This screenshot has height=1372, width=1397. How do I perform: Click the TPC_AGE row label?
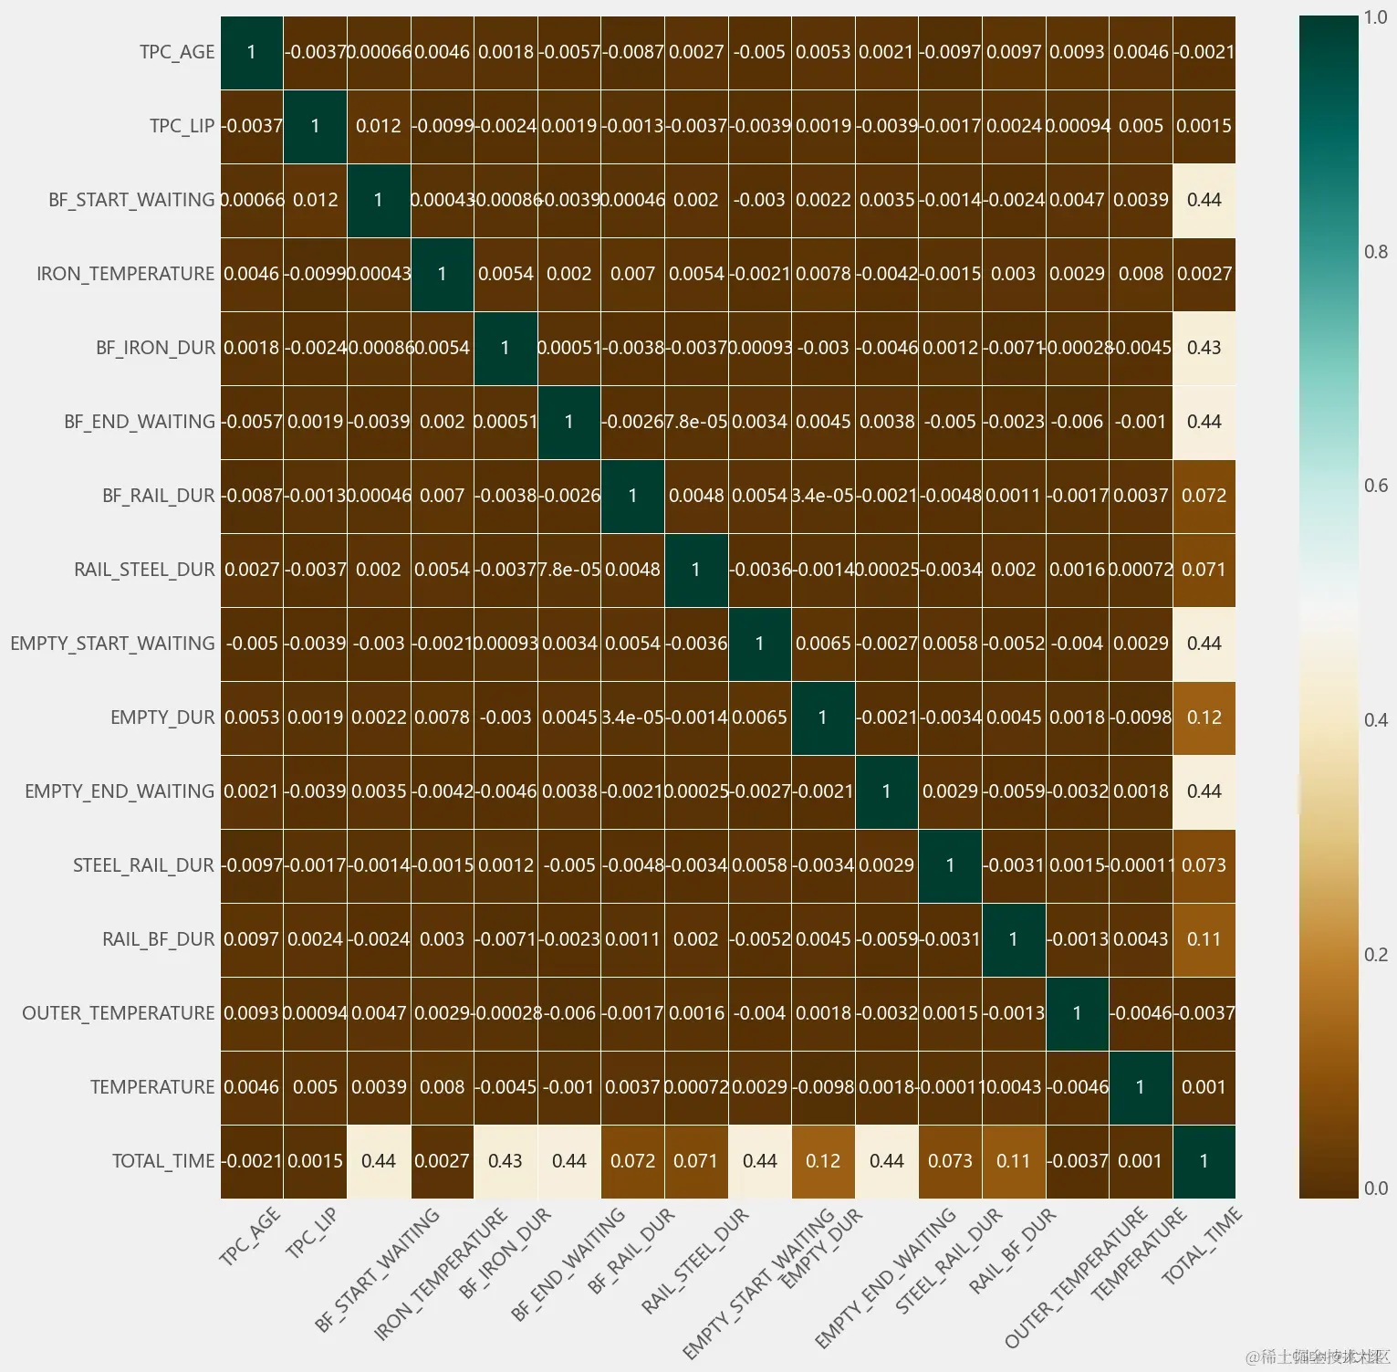pos(177,52)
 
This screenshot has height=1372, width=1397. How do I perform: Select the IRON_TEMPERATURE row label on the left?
pos(126,274)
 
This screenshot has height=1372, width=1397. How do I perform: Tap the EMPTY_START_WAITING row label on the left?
pos(113,644)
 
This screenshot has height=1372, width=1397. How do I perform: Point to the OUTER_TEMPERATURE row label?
pos(119,1013)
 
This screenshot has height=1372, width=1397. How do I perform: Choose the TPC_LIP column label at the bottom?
pos(311,1233)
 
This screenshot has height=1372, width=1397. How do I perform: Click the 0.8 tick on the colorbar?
pos(1375,252)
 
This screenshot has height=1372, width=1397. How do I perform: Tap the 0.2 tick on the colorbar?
pos(1375,955)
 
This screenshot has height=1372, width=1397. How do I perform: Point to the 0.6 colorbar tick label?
pos(1375,486)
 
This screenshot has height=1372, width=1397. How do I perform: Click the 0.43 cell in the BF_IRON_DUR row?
pos(1204,348)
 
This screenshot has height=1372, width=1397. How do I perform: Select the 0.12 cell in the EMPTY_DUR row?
pos(1204,717)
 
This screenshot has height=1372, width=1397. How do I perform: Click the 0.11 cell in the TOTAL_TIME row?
pos(1013,1161)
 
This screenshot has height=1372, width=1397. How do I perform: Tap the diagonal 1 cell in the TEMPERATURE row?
pos(1140,1087)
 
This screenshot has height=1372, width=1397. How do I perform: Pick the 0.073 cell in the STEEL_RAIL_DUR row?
pos(1204,865)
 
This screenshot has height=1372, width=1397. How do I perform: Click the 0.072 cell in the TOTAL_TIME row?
pos(632,1161)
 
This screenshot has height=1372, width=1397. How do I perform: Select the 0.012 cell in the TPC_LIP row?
pos(379,126)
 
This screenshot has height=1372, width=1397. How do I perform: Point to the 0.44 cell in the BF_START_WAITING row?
pos(1204,200)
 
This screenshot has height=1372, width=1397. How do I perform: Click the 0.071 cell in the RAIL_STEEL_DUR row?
pos(1204,570)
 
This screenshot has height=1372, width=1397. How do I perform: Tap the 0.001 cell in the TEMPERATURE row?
pos(1204,1087)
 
